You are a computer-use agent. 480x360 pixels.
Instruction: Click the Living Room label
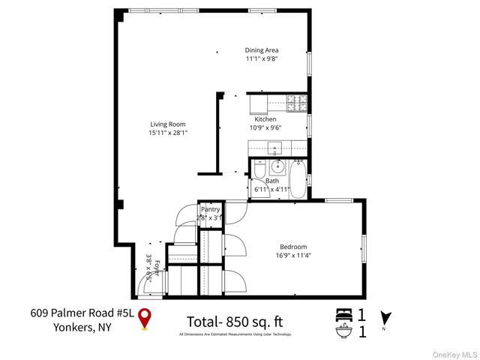tap(167, 124)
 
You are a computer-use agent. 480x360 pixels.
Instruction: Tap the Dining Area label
tap(261, 50)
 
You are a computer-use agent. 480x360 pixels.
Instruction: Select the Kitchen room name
tap(265, 119)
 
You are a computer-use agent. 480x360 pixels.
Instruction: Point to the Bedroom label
tap(293, 247)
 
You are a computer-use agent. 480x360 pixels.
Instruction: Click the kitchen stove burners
tap(296, 101)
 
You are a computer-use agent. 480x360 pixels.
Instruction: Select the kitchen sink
tap(274, 147)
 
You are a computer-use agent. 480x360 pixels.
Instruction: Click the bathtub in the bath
tap(298, 180)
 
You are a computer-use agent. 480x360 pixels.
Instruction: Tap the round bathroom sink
tap(277, 166)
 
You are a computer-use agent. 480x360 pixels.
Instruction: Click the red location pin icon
tap(147, 318)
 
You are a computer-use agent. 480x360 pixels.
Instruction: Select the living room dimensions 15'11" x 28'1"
tap(167, 133)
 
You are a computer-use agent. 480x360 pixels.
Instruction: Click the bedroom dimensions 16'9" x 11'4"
tap(293, 256)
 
